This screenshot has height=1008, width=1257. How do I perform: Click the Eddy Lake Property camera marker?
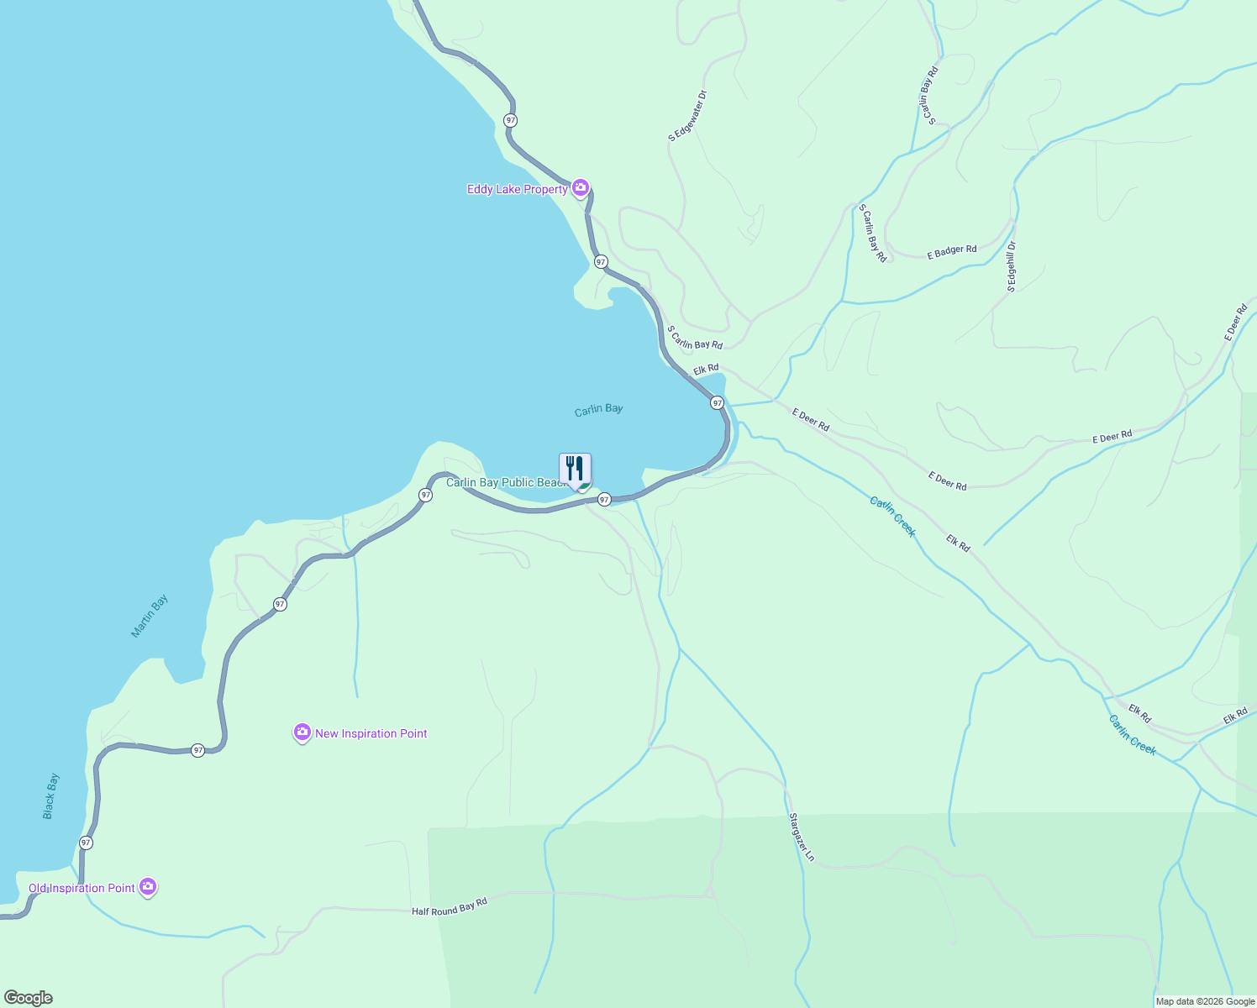(x=580, y=188)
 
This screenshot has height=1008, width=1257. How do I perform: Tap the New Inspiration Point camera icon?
(x=302, y=732)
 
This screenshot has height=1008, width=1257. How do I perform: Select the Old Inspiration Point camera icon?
(x=148, y=887)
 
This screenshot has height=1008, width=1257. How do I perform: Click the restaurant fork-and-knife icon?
(x=575, y=468)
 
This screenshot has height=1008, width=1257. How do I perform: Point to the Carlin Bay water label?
(x=598, y=409)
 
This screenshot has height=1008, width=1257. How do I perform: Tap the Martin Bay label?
(x=150, y=616)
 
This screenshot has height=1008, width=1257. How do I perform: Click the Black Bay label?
(x=51, y=795)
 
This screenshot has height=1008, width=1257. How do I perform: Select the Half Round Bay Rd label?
(x=449, y=907)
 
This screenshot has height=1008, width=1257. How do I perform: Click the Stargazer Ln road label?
(x=802, y=837)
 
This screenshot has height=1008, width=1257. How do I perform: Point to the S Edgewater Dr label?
(x=688, y=116)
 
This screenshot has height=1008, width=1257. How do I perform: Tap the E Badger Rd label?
(x=951, y=251)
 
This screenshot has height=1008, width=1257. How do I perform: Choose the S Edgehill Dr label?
(x=1012, y=266)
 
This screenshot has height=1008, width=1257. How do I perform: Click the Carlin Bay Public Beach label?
(x=508, y=483)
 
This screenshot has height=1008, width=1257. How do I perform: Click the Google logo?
(x=29, y=998)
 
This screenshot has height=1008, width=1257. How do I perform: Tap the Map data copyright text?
(x=1205, y=1001)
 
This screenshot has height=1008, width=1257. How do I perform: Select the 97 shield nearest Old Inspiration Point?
(x=86, y=843)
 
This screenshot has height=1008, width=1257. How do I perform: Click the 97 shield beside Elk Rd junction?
(x=717, y=403)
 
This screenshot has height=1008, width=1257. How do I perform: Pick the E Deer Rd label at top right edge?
(x=1235, y=323)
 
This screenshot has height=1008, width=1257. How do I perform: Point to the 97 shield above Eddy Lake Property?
(x=510, y=120)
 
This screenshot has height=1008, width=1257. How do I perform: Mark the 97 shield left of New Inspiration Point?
(x=197, y=750)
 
